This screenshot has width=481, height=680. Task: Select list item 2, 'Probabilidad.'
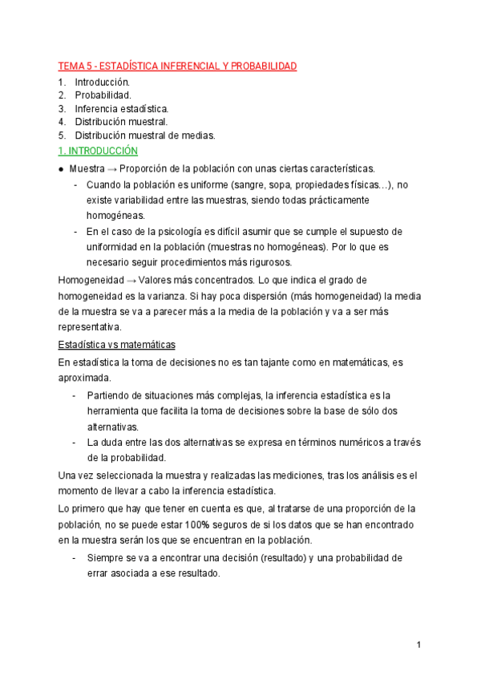tap(103, 95)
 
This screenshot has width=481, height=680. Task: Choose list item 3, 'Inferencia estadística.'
tap(122, 108)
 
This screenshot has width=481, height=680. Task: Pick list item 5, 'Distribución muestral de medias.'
tap(145, 136)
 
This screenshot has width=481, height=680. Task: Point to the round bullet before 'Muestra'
tap(62, 169)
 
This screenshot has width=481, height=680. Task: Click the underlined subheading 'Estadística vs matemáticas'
tap(117, 345)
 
